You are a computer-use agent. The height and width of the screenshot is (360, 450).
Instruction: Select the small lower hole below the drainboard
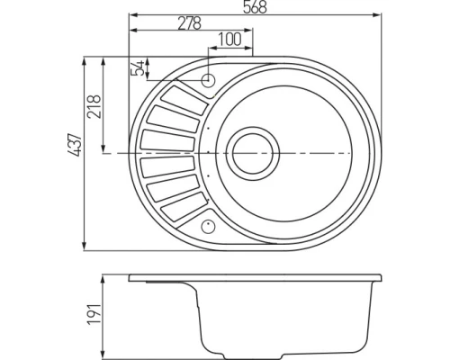[x=209, y=226]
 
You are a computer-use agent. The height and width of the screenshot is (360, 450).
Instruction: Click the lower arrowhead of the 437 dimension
[x=83, y=246]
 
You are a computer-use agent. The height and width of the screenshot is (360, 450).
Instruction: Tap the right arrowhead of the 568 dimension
[x=377, y=15]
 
